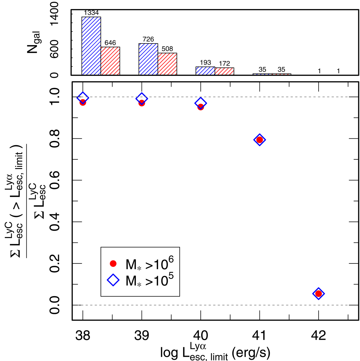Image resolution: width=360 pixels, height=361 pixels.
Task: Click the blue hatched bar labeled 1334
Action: (x=91, y=46)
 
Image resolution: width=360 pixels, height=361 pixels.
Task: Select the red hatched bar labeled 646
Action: (x=110, y=61)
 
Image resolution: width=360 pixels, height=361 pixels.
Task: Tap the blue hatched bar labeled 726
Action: (x=148, y=59)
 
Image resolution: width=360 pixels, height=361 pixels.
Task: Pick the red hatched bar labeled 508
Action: (x=167, y=64)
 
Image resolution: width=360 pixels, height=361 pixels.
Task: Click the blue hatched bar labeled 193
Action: (x=205, y=71)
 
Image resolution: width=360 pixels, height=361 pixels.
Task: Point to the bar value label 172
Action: (x=224, y=64)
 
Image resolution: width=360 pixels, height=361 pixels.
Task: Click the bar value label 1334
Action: (x=91, y=13)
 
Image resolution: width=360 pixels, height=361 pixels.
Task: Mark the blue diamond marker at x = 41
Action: (x=259, y=140)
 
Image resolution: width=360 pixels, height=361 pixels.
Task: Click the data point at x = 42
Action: (x=319, y=293)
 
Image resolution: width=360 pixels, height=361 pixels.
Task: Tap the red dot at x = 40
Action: (x=201, y=107)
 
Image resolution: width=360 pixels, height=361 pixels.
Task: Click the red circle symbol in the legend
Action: (x=113, y=263)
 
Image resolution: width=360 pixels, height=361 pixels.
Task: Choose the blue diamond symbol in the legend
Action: (x=113, y=280)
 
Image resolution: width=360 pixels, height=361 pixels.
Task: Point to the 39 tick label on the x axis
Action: (x=142, y=335)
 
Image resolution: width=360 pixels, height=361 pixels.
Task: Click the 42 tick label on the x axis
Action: (x=319, y=335)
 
